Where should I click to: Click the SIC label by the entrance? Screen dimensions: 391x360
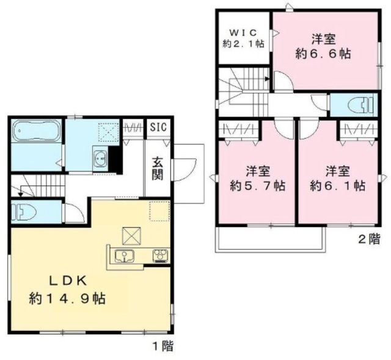(158, 127)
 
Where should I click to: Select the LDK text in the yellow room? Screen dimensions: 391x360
(68, 281)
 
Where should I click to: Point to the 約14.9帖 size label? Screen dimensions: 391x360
(67, 298)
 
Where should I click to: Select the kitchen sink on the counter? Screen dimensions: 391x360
(125, 256)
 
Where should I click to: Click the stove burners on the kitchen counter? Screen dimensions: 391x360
(161, 256)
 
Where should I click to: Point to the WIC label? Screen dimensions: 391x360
(243, 32)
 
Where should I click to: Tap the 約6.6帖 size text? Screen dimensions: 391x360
(323, 54)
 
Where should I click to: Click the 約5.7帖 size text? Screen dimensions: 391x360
(258, 185)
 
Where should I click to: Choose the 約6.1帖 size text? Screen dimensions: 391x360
(338, 185)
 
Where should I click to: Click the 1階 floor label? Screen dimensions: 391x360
(163, 346)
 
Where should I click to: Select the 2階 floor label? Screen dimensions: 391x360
(369, 239)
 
